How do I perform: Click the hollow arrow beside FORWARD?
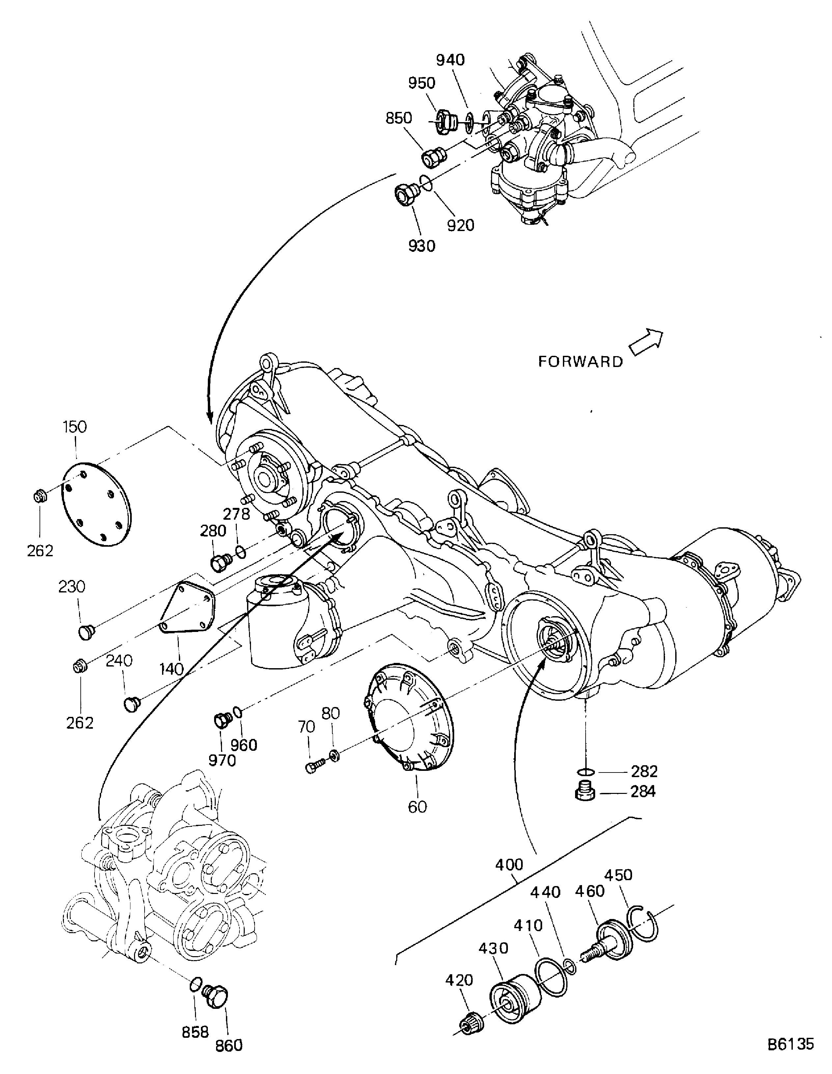(x=647, y=341)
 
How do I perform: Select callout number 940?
(x=450, y=60)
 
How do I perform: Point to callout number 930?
(x=422, y=246)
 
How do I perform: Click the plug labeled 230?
(x=86, y=631)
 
